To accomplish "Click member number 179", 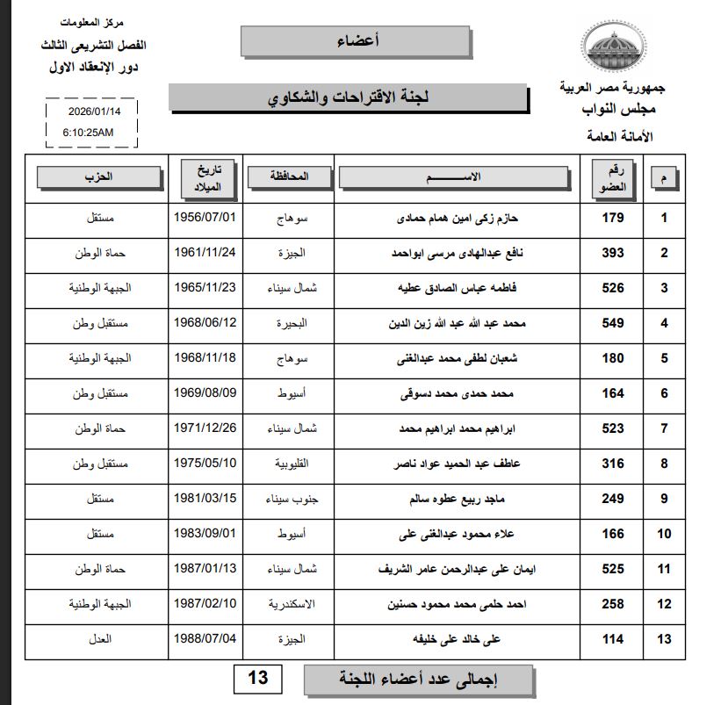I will (613, 218).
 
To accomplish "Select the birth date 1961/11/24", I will (206, 253).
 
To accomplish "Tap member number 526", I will (613, 288).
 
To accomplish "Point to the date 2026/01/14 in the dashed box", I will (93, 112).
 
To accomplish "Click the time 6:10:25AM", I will (88, 132).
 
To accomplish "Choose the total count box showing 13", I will (258, 679).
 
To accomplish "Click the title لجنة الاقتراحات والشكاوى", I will (349, 97).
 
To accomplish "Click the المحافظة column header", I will (290, 176).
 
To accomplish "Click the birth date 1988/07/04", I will (206, 639).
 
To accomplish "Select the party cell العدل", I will (100, 639).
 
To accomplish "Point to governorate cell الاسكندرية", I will (290, 604).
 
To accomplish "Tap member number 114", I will (613, 639).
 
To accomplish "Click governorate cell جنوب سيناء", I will (290, 499).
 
